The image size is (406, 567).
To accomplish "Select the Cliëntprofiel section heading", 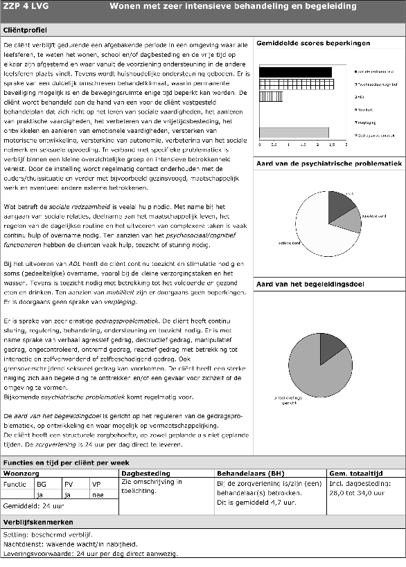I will (x=26, y=31).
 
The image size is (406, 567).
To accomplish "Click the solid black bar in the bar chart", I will (x=294, y=71).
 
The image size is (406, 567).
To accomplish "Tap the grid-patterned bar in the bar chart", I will (x=296, y=84).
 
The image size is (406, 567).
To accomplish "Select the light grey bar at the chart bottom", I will (x=293, y=132).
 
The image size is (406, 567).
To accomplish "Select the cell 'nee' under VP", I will (x=100, y=495).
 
